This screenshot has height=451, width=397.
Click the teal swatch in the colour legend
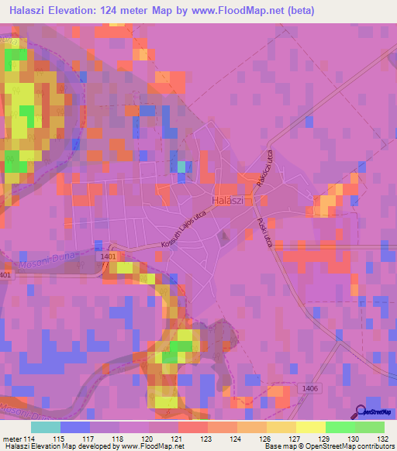click(x=46, y=427)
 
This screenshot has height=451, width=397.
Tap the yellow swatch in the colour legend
click(x=311, y=427)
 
